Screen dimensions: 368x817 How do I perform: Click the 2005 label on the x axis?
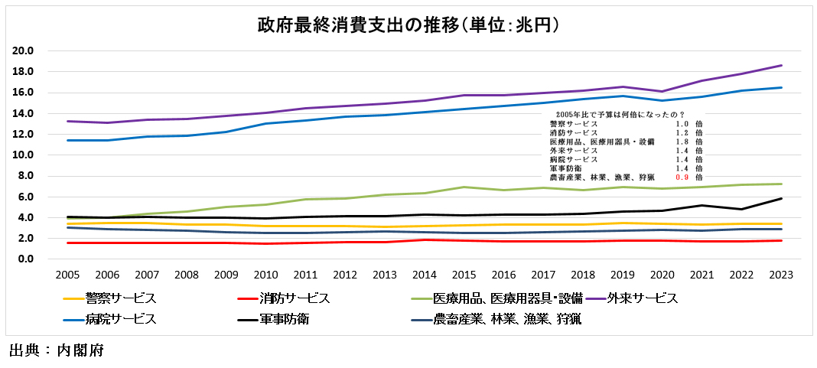(68, 274)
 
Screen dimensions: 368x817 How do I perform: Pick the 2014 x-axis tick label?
(425, 274)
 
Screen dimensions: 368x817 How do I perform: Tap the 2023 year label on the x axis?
(781, 274)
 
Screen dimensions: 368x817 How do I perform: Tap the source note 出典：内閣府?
(56, 352)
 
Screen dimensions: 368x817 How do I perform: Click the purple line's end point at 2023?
(781, 65)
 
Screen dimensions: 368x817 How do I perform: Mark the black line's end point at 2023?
(781, 198)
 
